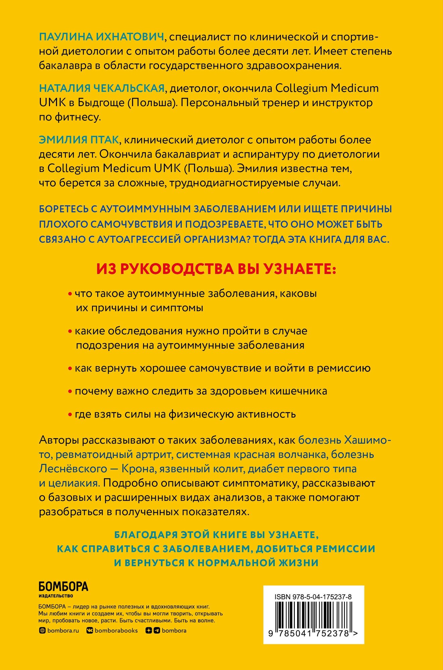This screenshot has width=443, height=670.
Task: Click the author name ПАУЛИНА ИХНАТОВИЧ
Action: [x=101, y=37]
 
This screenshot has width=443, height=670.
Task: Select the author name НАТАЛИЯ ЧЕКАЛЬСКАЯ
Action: [x=102, y=88]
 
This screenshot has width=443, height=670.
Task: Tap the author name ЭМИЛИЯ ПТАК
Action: [x=79, y=140]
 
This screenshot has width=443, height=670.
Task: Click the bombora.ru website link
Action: [x=63, y=630]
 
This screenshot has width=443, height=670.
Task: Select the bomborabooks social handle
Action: [x=116, y=630]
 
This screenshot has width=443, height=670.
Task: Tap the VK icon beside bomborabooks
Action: [x=90, y=630]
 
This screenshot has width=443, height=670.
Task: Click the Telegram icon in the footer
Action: [x=157, y=630]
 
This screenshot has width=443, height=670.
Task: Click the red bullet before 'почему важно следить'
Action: [x=70, y=391]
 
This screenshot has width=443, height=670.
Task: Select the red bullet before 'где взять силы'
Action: [x=70, y=414]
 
